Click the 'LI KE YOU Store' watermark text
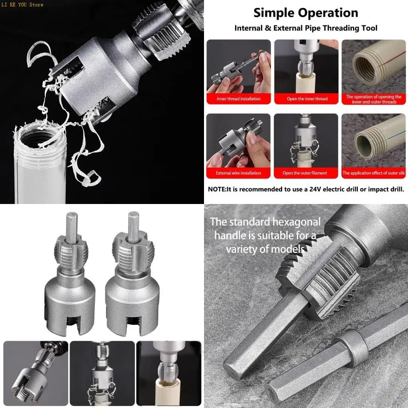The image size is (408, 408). tap(22, 5)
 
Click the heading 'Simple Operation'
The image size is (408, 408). tap(306, 13)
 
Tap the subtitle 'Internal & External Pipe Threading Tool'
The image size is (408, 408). tap(306, 28)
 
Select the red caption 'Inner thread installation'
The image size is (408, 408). tap(239, 99)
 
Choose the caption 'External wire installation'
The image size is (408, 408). tap(239, 173)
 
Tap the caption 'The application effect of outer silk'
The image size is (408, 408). tap(373, 173)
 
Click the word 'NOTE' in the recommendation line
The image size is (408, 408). tap(216, 189)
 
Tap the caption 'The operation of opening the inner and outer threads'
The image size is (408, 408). tap(373, 99)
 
